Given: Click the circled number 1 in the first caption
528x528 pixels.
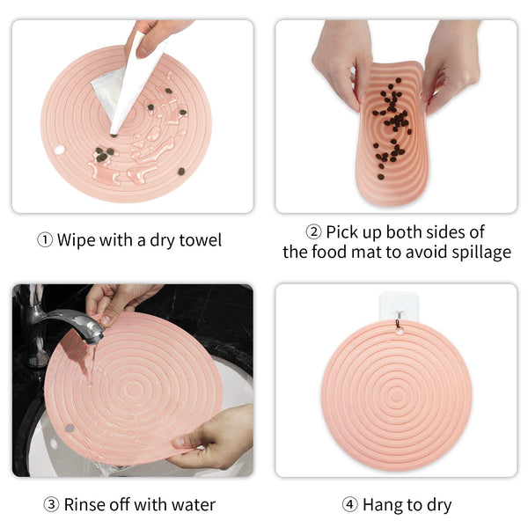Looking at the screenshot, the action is pos(45,240).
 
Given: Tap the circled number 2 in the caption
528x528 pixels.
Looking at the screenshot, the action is pos(313,232).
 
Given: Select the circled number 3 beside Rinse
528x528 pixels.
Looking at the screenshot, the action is pos(52,504).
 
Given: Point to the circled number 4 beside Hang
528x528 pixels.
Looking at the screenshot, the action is pos(350,504).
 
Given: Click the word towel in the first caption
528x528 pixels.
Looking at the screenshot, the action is pos(201,240).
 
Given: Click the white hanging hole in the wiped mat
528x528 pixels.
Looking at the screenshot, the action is pos(59,150).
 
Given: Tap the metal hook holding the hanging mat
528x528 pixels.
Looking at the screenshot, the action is pos(399,319).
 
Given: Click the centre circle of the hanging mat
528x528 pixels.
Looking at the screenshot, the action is pos(396,394).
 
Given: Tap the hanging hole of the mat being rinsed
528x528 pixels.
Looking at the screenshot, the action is pos(70,429).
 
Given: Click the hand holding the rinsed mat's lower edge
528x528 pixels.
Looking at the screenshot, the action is pos(212,437).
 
